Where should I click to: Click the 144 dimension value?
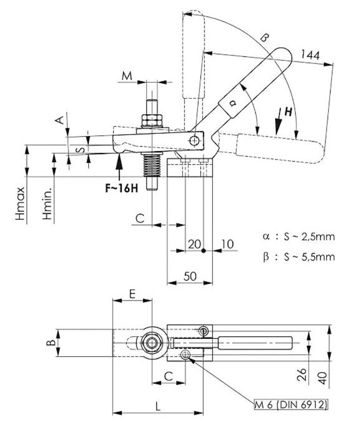pyautogui.click(x=310, y=54)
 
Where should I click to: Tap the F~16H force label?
pyautogui.click(x=122, y=189)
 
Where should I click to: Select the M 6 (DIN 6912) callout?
pyautogui.click(x=291, y=405)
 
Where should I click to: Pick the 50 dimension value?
pyautogui.click(x=190, y=276)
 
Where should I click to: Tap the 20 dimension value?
pyautogui.click(x=194, y=244)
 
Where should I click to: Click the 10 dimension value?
pyautogui.click(x=227, y=244)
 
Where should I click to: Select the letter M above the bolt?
pyautogui.click(x=127, y=75)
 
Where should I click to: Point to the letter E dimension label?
pyautogui.click(x=132, y=294)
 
